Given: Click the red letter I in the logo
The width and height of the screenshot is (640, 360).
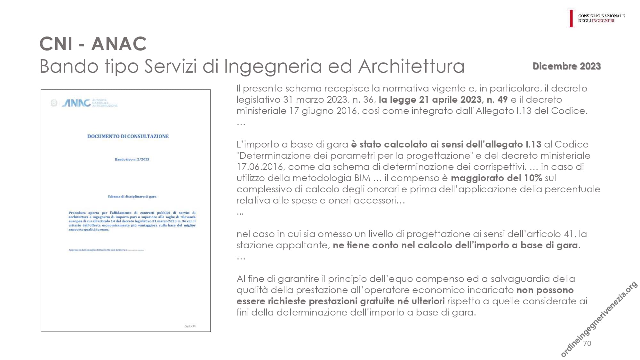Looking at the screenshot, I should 571,18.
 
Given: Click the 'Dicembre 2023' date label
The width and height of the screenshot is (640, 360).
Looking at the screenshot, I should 566,66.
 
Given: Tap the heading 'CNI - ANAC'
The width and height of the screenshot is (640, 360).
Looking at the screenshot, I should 93,44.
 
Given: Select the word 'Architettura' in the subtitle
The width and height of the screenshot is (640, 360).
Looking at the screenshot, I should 411,66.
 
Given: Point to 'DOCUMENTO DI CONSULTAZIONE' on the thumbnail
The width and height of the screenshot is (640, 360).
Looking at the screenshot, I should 128,136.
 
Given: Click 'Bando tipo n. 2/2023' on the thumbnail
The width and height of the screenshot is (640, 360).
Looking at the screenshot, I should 132,159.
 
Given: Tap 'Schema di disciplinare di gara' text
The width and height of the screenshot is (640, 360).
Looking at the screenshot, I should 132,196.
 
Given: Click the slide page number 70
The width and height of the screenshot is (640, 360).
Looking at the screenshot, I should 587,343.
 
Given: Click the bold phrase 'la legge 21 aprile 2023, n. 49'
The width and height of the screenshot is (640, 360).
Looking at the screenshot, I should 443,100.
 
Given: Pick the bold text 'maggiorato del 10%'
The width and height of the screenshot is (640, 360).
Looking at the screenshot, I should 496,178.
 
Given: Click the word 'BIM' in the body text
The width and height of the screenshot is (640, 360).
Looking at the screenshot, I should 362,178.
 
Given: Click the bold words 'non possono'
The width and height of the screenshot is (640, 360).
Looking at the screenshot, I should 545,290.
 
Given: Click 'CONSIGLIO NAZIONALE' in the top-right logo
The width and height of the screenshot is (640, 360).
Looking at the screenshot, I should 601,16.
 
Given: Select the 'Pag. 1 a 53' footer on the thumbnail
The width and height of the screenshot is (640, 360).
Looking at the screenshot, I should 190,326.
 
